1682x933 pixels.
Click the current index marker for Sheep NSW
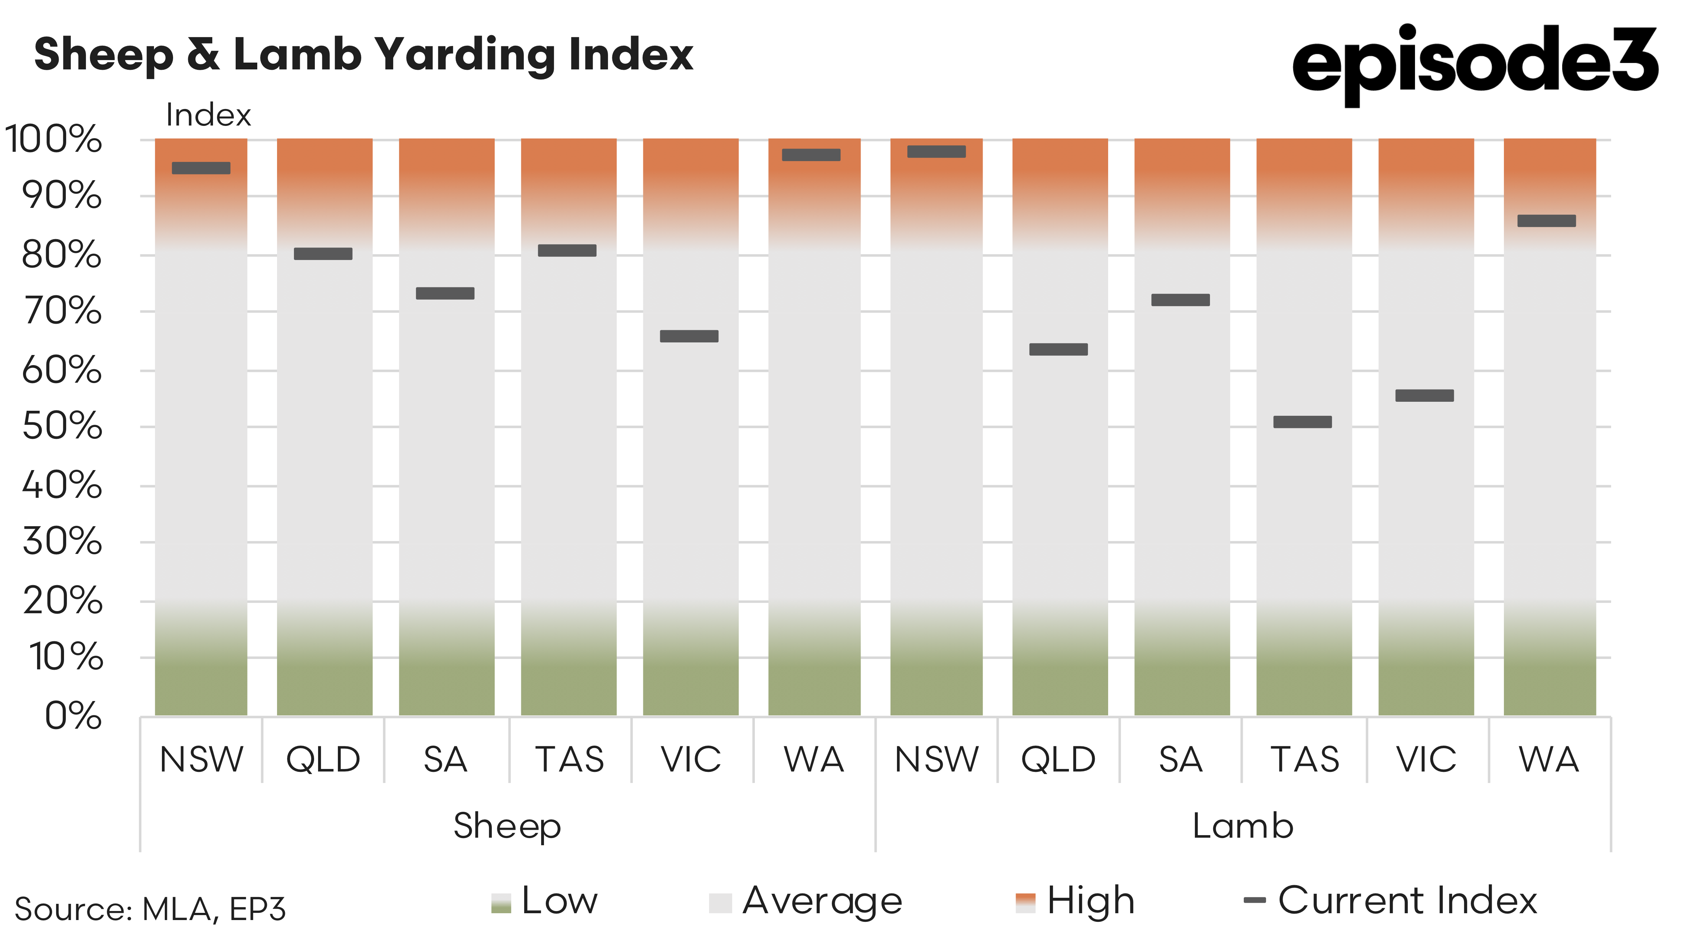pyautogui.click(x=201, y=168)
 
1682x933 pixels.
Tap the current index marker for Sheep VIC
pyautogui.click(x=689, y=336)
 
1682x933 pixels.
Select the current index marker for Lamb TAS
pyautogui.click(x=1303, y=422)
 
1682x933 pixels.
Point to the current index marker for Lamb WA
pyautogui.click(x=1546, y=221)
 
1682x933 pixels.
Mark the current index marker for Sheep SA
pyautogui.click(x=445, y=293)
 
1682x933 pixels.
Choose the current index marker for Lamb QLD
pyautogui.click(x=1058, y=349)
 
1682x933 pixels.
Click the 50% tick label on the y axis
pyautogui.click(x=62, y=426)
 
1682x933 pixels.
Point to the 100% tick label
pyautogui.click(x=54, y=139)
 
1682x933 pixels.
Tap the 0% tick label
pyautogui.click(x=73, y=716)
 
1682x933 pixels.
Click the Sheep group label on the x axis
pyautogui.click(x=507, y=826)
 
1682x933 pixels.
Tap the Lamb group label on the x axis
pyautogui.click(x=1243, y=826)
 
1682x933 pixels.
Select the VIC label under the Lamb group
pyautogui.click(x=1426, y=759)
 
